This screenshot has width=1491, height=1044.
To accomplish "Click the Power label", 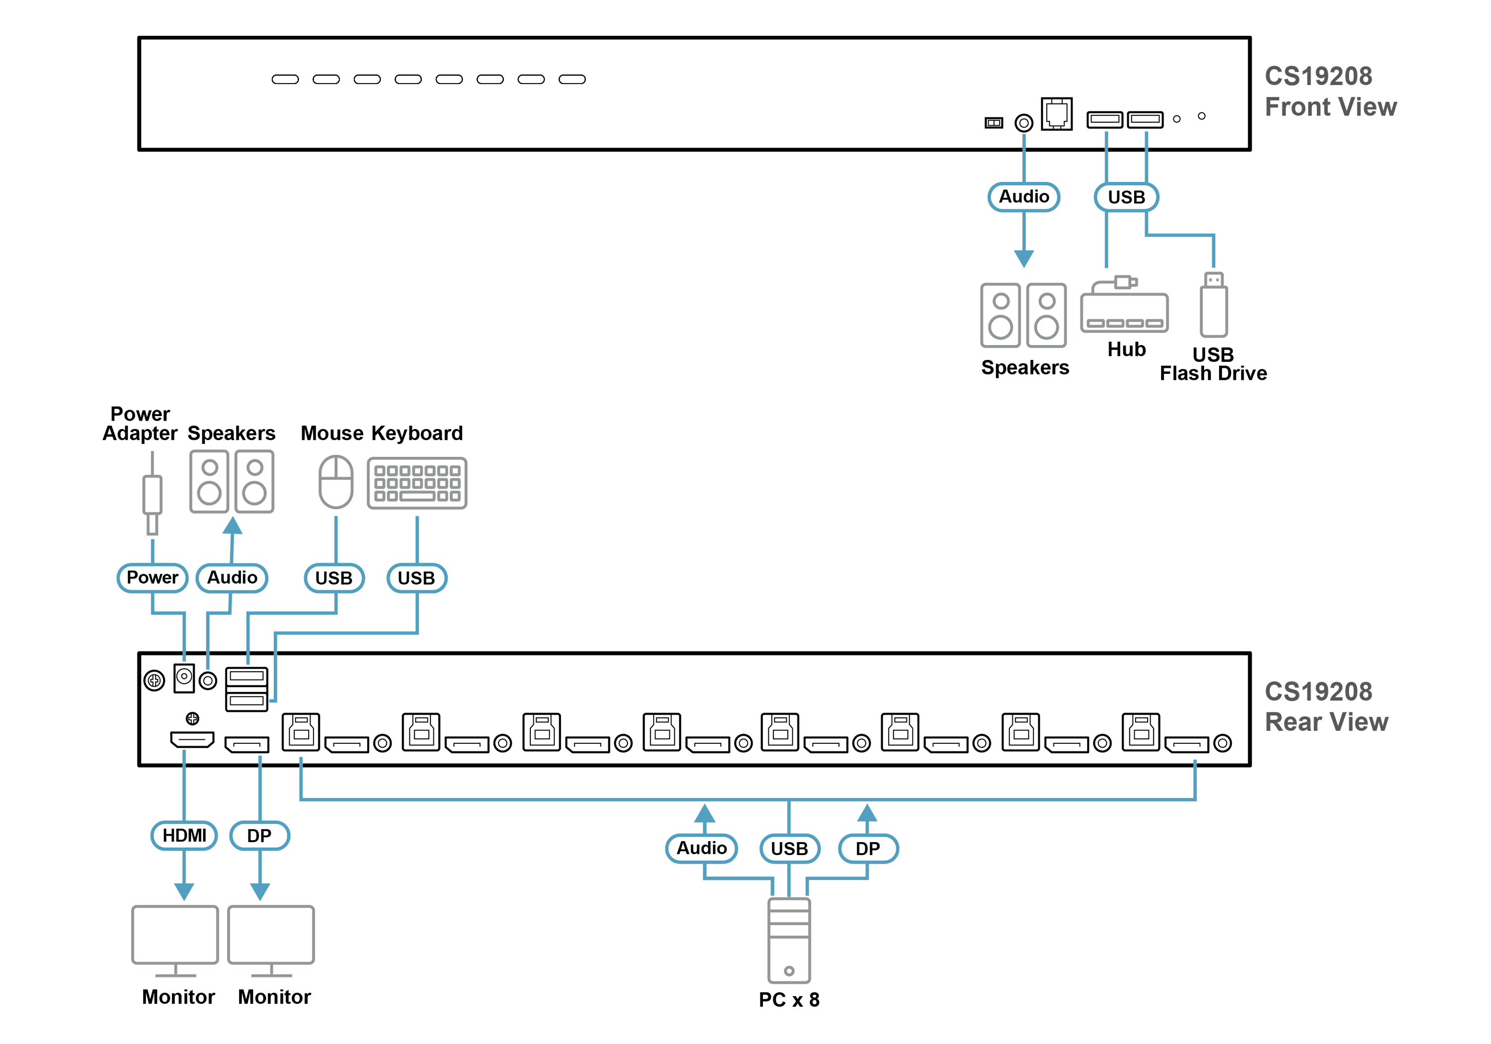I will click(152, 578).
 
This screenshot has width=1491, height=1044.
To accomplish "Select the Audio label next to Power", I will click(232, 578).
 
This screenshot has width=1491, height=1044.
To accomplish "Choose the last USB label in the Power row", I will click(416, 578).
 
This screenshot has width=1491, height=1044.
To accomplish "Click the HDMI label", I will click(184, 836).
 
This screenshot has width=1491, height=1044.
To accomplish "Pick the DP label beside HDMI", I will click(259, 836).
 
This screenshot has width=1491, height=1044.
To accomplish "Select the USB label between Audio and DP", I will click(789, 849).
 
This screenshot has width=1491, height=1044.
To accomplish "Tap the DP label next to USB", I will click(868, 849).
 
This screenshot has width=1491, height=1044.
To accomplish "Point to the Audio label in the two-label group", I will click(1023, 197).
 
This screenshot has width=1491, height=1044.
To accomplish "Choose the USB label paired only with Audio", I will click(1126, 197).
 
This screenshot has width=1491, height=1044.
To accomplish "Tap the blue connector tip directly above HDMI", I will click(184, 756).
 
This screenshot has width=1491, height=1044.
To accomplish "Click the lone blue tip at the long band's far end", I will click(1194, 761).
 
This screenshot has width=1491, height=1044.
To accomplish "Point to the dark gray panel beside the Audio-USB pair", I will click(1344, 130).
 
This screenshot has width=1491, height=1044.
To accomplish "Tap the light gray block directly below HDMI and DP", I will click(260, 936).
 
